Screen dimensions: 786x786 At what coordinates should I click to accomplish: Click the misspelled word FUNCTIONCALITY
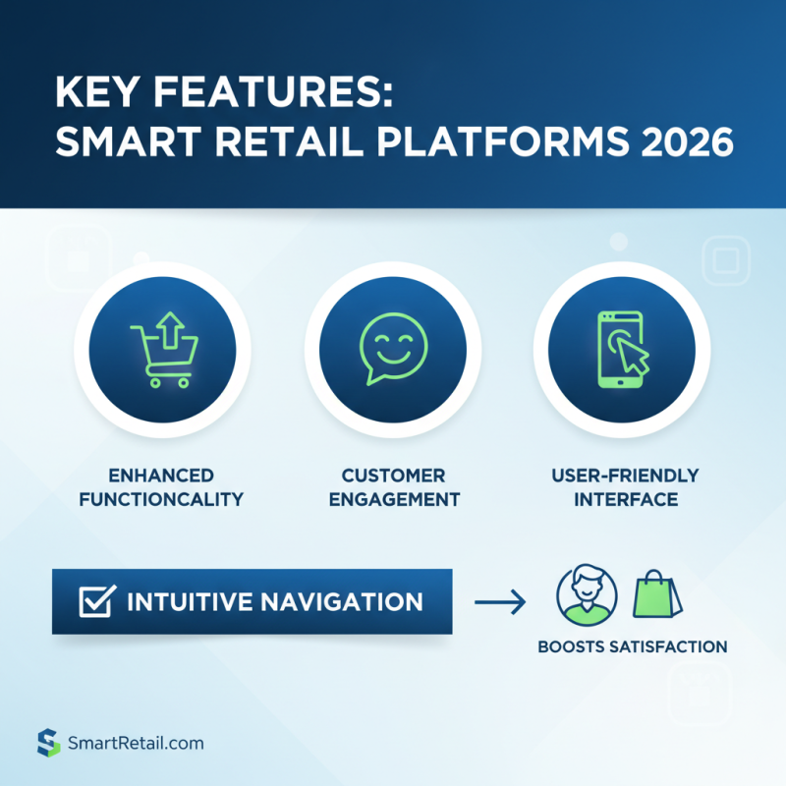click(x=162, y=499)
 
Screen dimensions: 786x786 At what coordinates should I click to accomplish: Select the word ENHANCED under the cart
click(x=162, y=476)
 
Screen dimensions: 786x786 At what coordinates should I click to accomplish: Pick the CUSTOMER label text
click(x=394, y=476)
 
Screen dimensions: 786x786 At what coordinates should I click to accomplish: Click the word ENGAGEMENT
click(x=394, y=499)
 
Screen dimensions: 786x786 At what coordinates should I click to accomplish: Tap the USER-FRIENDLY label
click(x=625, y=476)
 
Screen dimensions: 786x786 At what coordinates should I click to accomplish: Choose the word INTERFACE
click(x=625, y=499)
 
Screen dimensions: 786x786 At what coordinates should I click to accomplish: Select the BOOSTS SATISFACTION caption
click(x=633, y=646)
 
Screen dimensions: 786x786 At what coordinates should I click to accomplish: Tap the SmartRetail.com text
click(x=135, y=743)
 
